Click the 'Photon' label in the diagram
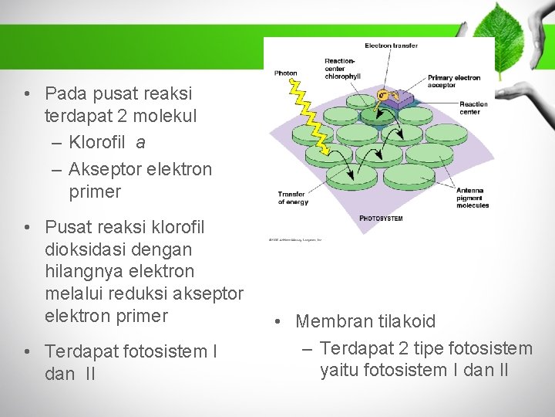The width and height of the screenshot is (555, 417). click(286, 73)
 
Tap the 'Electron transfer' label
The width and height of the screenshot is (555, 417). click(391, 46)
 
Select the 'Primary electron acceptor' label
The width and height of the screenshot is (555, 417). click(454, 81)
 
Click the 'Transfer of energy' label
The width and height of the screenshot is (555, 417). click(293, 198)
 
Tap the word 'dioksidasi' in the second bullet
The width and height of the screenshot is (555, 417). click(85, 249)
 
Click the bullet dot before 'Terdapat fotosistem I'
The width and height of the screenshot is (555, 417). click(28, 352)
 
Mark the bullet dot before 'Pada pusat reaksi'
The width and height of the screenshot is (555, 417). click(28, 94)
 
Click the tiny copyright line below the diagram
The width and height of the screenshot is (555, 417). click(295, 240)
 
